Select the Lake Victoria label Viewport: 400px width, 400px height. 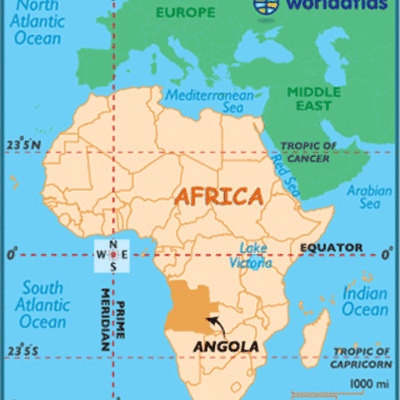pyautogui.click(x=254, y=255)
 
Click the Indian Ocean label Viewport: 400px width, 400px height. pyautogui.click(x=366, y=301)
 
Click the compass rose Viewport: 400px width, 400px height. pyautogui.click(x=112, y=255)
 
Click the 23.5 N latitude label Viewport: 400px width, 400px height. pyautogui.click(x=21, y=146)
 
